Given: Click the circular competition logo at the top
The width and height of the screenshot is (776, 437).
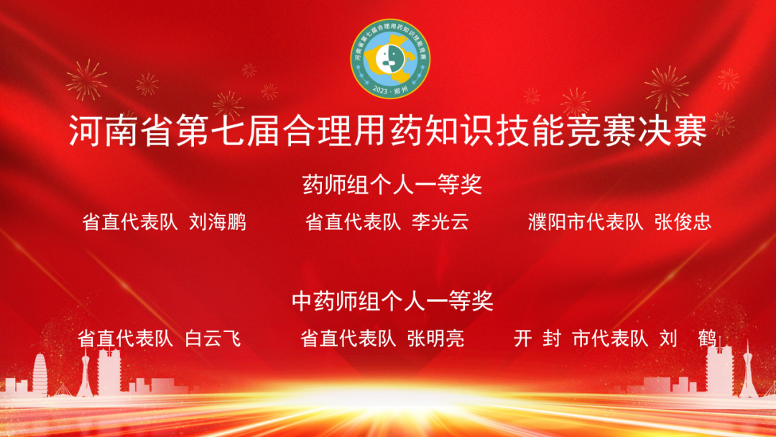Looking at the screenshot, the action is pos(390,58).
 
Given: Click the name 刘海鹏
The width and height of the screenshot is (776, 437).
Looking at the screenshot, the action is pos(218,222).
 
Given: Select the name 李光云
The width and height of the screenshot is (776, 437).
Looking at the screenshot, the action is pos(440,222).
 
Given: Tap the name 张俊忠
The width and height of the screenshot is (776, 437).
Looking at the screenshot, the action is pos(683,222).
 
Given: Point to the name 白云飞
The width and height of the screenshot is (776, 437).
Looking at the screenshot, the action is pos(213,339).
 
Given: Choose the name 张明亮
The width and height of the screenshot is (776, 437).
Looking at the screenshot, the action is pos(436,339).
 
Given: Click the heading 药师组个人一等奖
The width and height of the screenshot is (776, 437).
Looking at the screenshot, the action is pos(392,185).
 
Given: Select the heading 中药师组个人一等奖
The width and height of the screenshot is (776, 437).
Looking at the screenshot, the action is pos(392,301).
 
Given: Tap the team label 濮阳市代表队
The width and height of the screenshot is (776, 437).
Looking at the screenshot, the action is pos(586,222).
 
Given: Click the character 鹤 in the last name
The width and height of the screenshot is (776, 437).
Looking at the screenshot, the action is pos(707,339).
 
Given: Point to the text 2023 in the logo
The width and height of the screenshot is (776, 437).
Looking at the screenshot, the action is pos(380,91).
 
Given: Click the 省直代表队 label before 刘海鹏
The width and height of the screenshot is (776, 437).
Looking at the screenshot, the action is pos(130,222).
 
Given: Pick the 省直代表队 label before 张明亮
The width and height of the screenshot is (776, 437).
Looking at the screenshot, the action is pos(348,339).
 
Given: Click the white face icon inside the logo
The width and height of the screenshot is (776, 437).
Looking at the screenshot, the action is pos(387,59).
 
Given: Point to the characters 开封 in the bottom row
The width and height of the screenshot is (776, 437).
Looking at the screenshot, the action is pos(537,339).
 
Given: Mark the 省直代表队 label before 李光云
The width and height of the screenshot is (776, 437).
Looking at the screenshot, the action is pos(353,222).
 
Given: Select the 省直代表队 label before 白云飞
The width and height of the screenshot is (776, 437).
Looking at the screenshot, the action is pos(126,339).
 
